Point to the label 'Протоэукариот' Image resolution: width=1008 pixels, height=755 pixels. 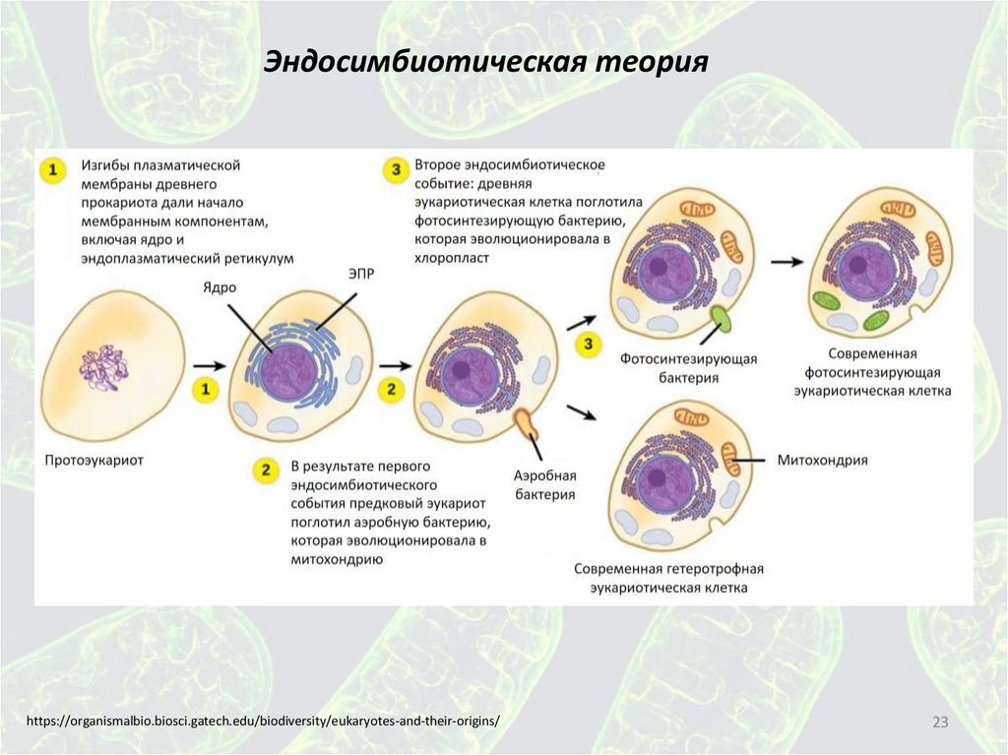tap(94, 459)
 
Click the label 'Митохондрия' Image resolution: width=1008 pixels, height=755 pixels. tap(822, 460)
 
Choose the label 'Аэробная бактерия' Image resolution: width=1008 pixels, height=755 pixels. tap(544, 485)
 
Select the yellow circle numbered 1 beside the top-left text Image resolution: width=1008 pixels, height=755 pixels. tap(53, 170)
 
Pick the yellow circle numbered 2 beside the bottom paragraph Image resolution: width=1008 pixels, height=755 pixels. tap(263, 470)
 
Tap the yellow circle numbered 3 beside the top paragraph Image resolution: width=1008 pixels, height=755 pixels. tap(396, 170)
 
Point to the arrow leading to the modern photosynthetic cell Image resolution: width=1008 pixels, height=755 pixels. tap(786, 263)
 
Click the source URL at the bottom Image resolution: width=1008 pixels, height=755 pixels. tap(263, 722)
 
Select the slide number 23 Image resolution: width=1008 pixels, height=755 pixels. tap(939, 724)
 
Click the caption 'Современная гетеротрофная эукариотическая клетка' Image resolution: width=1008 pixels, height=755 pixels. tap(668, 578)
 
